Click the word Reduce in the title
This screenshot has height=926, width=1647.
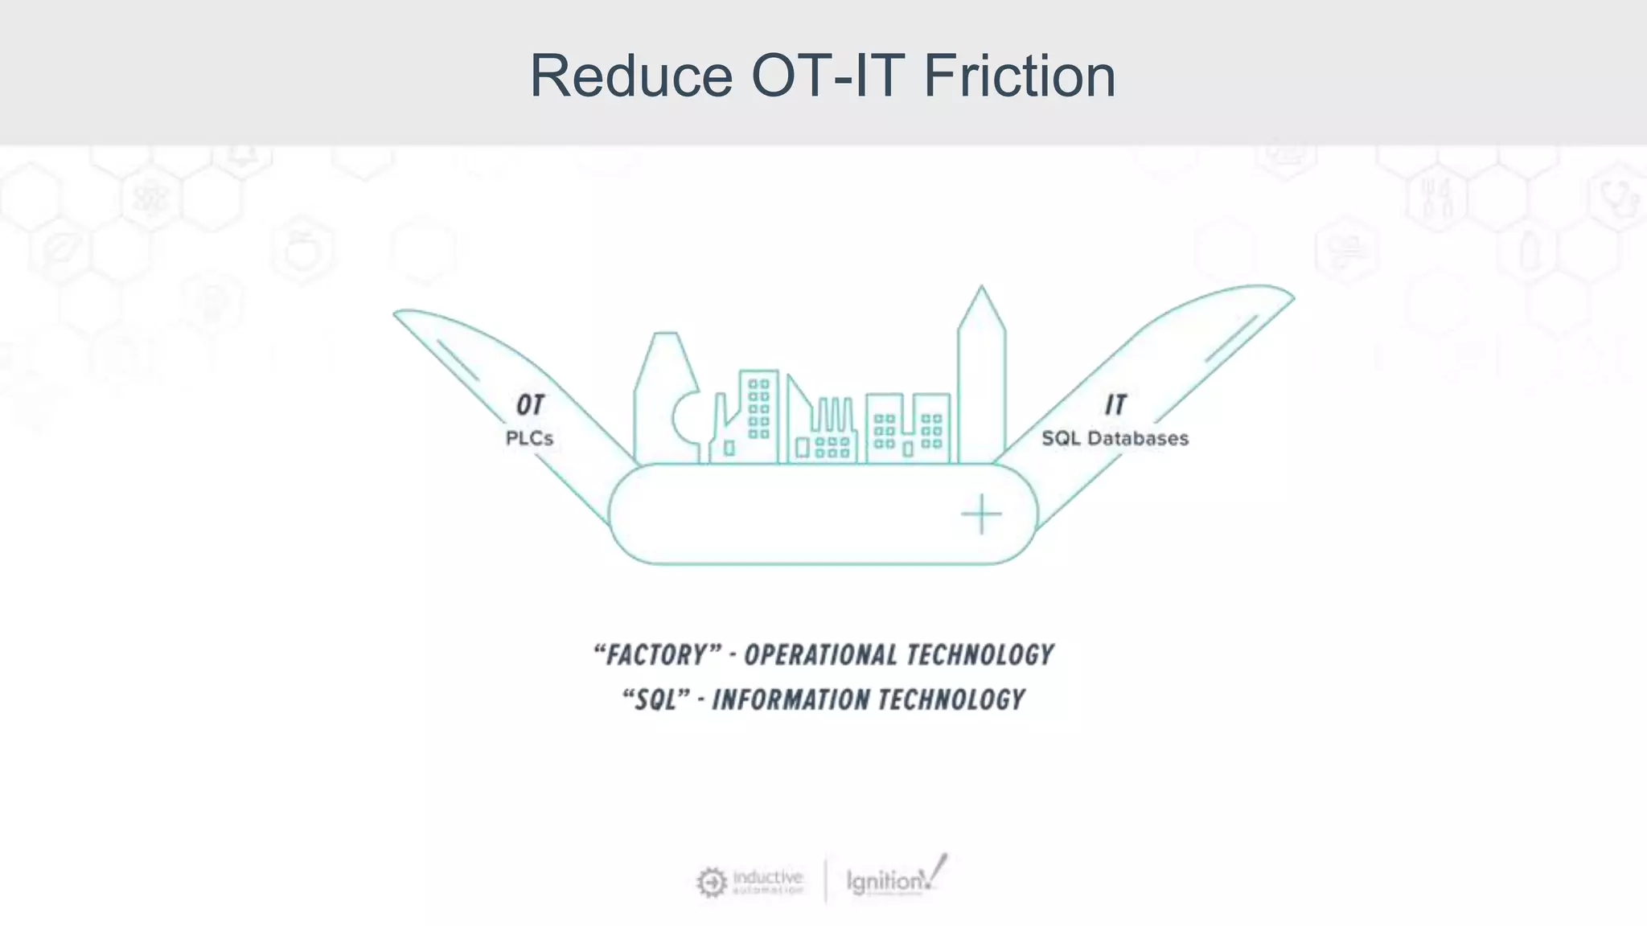tap(630, 76)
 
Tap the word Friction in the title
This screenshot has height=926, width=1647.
tap(1019, 76)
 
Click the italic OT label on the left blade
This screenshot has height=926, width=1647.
tap(530, 405)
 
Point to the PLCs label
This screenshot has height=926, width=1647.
tap(529, 439)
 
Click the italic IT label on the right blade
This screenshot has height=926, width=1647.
tap(1115, 404)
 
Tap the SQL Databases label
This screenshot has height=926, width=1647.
tap(1115, 439)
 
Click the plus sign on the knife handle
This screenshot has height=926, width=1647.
tap(981, 514)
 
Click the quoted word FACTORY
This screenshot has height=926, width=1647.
tap(657, 655)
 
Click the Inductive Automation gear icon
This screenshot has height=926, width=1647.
tap(711, 882)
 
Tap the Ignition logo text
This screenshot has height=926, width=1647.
tap(885, 882)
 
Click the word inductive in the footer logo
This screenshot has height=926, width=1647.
tap(768, 877)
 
